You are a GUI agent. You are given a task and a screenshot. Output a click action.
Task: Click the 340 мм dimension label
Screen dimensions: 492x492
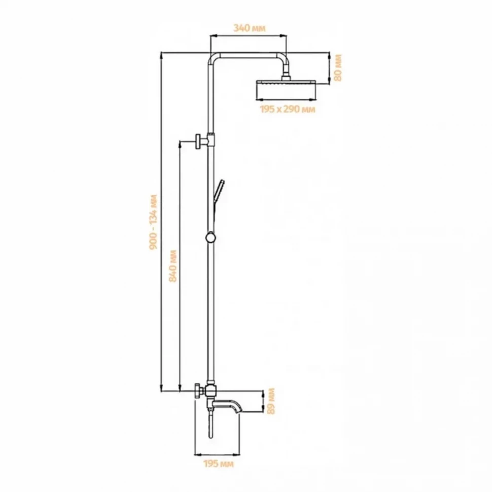[250, 28]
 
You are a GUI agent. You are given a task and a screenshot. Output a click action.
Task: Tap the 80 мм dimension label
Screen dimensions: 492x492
[338, 68]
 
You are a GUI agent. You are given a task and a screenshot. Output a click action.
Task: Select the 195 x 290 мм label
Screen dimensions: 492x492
[287, 109]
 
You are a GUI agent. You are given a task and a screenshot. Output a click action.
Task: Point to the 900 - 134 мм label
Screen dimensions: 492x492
[154, 222]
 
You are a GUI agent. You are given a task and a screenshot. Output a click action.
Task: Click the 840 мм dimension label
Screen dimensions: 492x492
[173, 266]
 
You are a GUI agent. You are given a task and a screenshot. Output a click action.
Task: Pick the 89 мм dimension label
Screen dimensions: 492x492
[271, 401]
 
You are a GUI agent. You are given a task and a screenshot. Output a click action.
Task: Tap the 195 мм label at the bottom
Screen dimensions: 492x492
[219, 464]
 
